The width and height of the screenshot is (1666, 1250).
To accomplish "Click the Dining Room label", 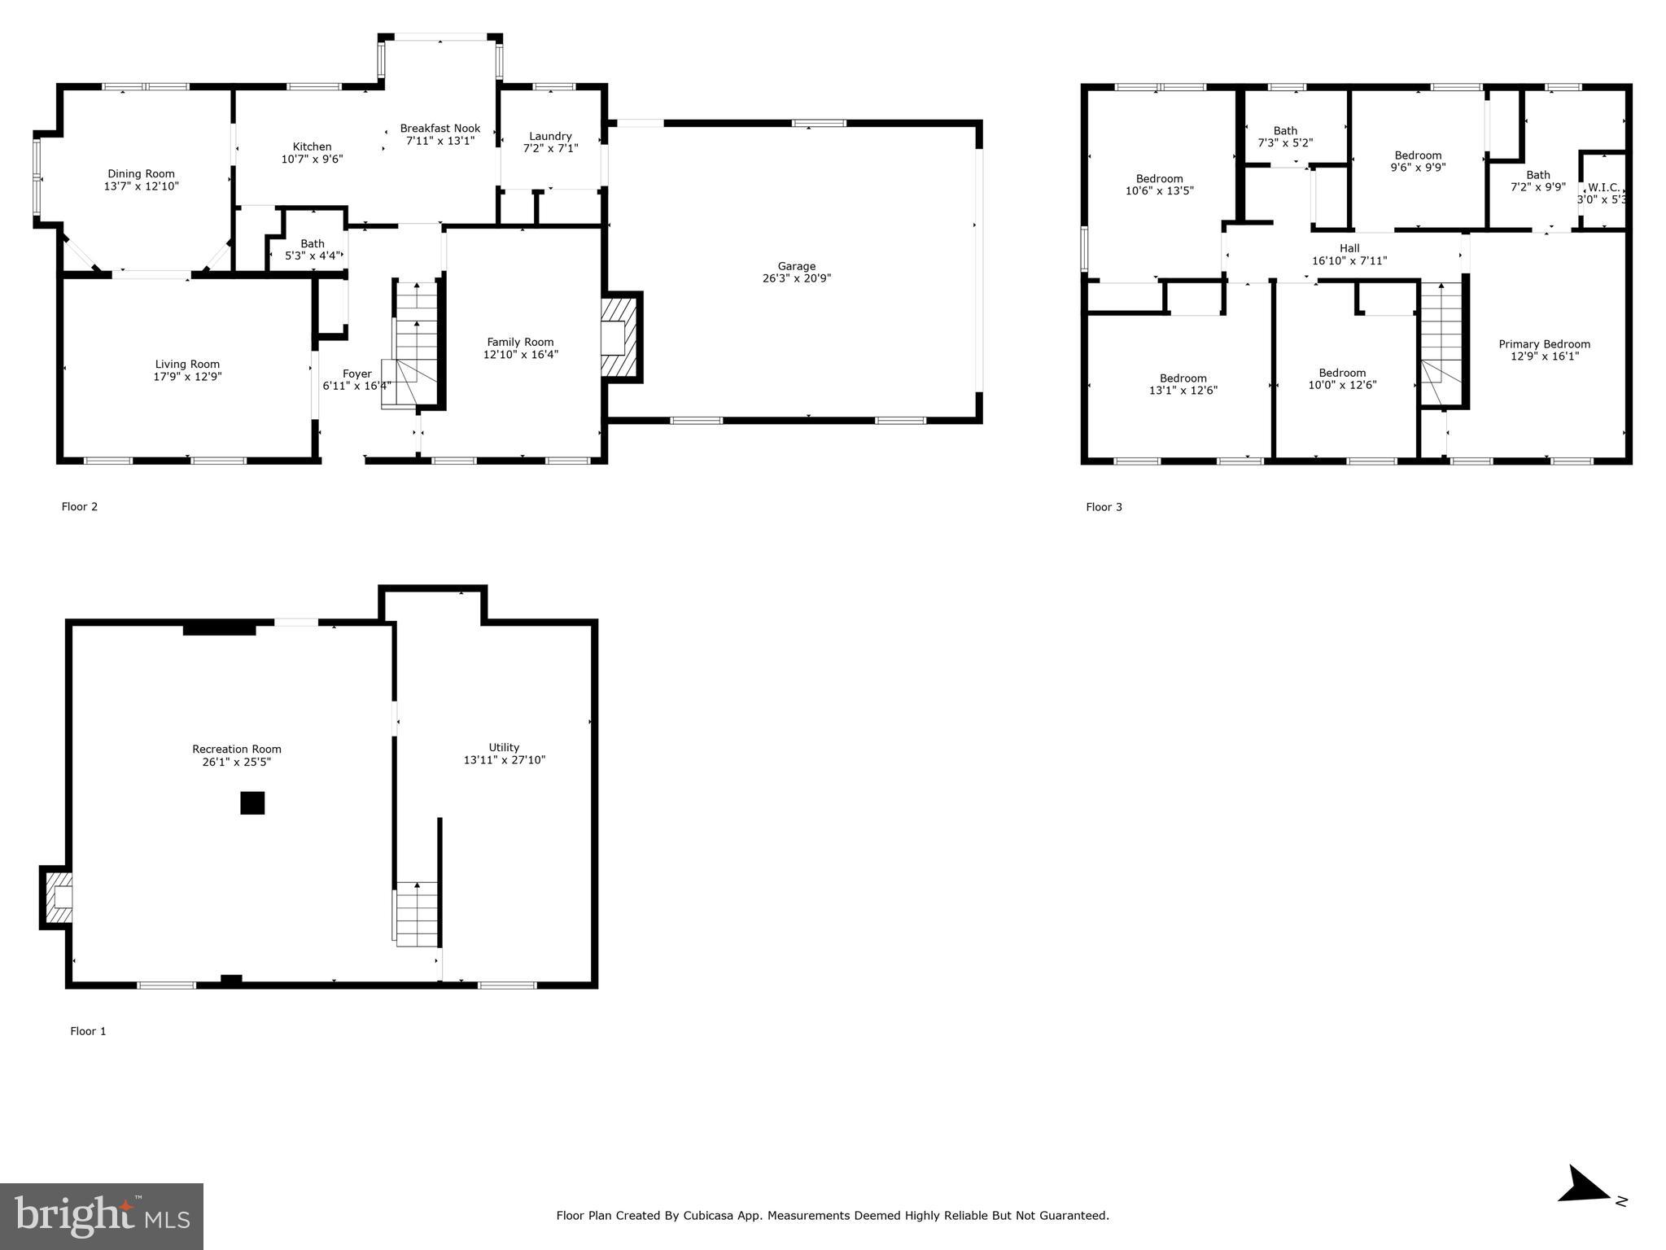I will click(x=141, y=173).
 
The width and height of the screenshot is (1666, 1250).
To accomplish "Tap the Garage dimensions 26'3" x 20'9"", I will click(x=795, y=279).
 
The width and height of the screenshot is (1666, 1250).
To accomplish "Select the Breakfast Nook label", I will click(x=439, y=129).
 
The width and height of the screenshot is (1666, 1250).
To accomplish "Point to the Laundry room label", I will click(x=550, y=136).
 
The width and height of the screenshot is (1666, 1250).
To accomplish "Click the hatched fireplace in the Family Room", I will click(x=621, y=336).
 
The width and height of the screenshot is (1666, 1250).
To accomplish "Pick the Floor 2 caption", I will click(x=79, y=507).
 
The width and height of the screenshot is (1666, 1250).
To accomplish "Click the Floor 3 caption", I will click(x=1103, y=507).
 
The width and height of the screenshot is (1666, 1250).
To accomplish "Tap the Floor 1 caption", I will click(x=88, y=1031).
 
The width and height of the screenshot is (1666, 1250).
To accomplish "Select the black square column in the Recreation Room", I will click(x=252, y=802).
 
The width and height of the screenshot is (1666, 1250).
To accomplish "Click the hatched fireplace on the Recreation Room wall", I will click(x=57, y=897).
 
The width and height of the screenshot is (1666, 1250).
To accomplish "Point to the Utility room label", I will click(x=504, y=747).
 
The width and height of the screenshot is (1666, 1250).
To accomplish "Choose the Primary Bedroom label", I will click(x=1544, y=344).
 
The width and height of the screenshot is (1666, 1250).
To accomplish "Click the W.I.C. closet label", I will click(x=1603, y=187).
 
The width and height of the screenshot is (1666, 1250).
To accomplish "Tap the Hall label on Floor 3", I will click(x=1349, y=248).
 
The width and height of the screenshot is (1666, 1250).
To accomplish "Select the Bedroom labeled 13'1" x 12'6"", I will click(x=1183, y=384).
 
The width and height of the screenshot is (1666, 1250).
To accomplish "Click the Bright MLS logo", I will click(x=102, y=1216).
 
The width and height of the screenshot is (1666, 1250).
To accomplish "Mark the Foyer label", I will click(x=356, y=374).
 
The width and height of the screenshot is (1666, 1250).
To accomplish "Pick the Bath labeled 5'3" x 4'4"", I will click(x=312, y=249).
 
